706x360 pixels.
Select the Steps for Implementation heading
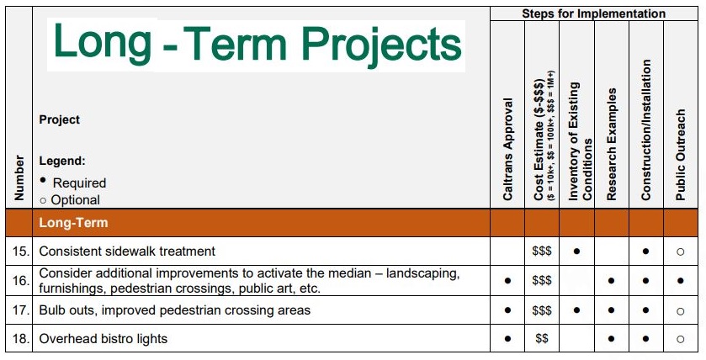593,13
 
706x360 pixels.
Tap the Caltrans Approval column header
508,149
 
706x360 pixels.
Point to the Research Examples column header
611,144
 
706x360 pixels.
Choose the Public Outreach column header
681,155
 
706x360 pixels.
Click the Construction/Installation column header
646,130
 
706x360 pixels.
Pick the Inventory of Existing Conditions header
580,140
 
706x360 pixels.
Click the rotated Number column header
19,177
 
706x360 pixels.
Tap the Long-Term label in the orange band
73,223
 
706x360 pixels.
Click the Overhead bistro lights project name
104,338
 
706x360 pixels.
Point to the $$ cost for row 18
542,338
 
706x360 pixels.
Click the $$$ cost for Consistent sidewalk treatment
542,251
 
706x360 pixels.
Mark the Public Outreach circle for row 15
681,251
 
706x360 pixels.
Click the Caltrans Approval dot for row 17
508,310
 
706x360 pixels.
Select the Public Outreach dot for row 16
681,281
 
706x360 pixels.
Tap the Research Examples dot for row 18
611,339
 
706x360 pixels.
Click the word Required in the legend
79,183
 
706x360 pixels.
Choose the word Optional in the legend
76,200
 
